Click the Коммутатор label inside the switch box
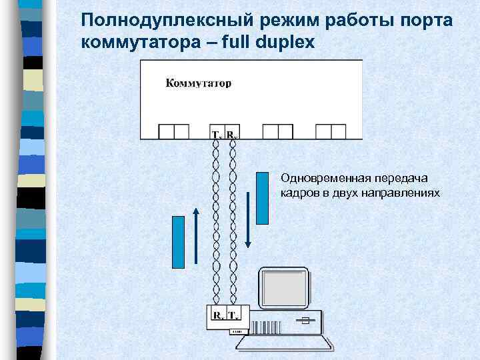(197, 84)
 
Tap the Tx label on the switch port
(217, 135)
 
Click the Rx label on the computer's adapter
(219, 314)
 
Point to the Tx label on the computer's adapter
(235, 314)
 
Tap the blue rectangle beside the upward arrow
(179, 241)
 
